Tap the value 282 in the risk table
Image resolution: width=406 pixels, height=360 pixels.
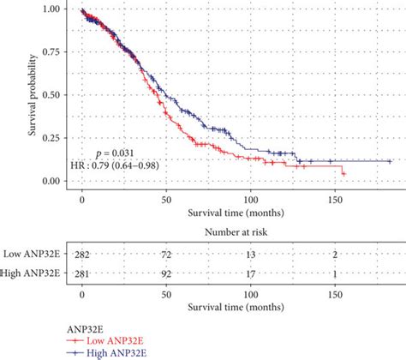coord(82,256)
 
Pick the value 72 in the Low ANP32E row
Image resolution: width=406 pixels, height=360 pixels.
coord(166,256)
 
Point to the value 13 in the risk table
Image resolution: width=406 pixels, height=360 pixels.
coord(250,256)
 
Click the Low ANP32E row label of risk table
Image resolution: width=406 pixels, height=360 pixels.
coord(32,256)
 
